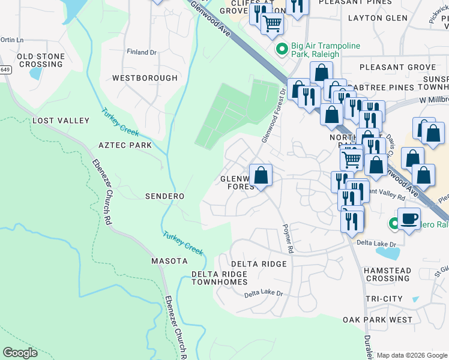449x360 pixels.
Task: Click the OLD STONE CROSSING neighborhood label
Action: click(40, 60)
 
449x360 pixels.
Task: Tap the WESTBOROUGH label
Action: click(145, 78)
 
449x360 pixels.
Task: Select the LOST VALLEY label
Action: click(61, 121)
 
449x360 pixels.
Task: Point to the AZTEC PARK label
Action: click(125, 145)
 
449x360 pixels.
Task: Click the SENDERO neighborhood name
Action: click(164, 196)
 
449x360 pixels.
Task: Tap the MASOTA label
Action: click(169, 261)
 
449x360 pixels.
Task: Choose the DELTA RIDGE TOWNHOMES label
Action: click(219, 278)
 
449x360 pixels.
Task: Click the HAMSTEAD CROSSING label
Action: click(387, 275)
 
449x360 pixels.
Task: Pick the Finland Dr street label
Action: click(141, 52)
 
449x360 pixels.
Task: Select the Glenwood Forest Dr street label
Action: click(273, 115)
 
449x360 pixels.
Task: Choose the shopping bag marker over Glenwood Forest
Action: click(261, 175)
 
